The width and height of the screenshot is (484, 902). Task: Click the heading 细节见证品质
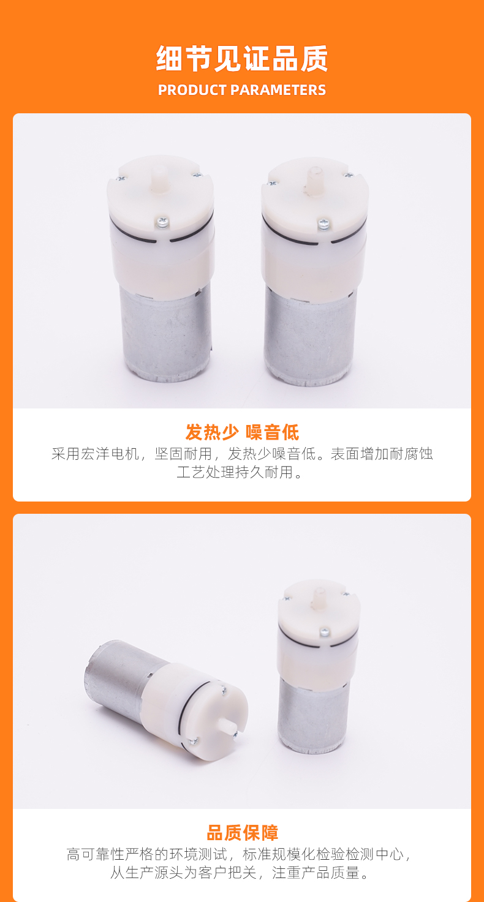[x=242, y=58]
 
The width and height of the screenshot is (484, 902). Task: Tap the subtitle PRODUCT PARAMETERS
[x=242, y=90]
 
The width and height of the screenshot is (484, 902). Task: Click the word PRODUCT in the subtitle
[x=192, y=90]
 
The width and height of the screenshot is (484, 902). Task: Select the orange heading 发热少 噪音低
[x=242, y=432]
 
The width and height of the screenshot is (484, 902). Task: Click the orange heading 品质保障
[x=242, y=833]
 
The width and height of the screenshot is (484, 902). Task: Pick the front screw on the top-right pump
[x=323, y=223]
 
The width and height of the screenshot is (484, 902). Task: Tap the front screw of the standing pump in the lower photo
[x=325, y=632]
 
